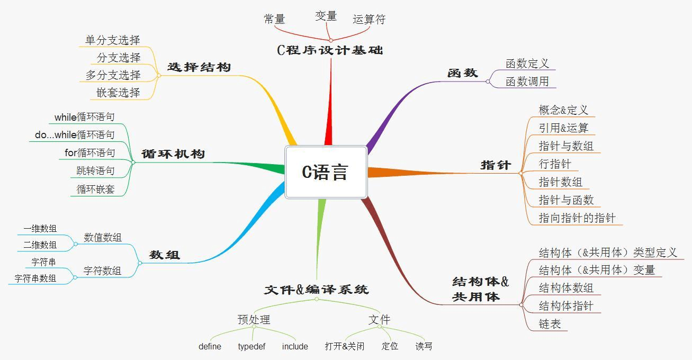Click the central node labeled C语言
(326, 172)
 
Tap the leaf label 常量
(274, 19)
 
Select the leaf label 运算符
(369, 19)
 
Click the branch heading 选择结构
(199, 67)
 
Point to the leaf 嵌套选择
(118, 93)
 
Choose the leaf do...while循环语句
(75, 134)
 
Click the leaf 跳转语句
(95, 170)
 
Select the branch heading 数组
(164, 255)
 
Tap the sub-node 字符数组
(102, 271)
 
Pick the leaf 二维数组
(40, 245)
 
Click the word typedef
(251, 346)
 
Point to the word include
(295, 346)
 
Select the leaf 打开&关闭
(345, 346)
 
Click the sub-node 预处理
(254, 320)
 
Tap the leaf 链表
(550, 324)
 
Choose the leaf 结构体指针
(566, 306)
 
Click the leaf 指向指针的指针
(577, 218)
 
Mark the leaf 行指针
(555, 164)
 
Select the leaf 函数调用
(527, 82)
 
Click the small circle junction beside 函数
(488, 82)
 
